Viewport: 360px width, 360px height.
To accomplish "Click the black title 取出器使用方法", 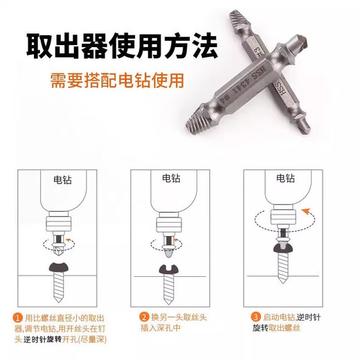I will [121, 48].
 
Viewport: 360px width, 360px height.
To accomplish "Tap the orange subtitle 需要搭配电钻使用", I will [117, 81].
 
